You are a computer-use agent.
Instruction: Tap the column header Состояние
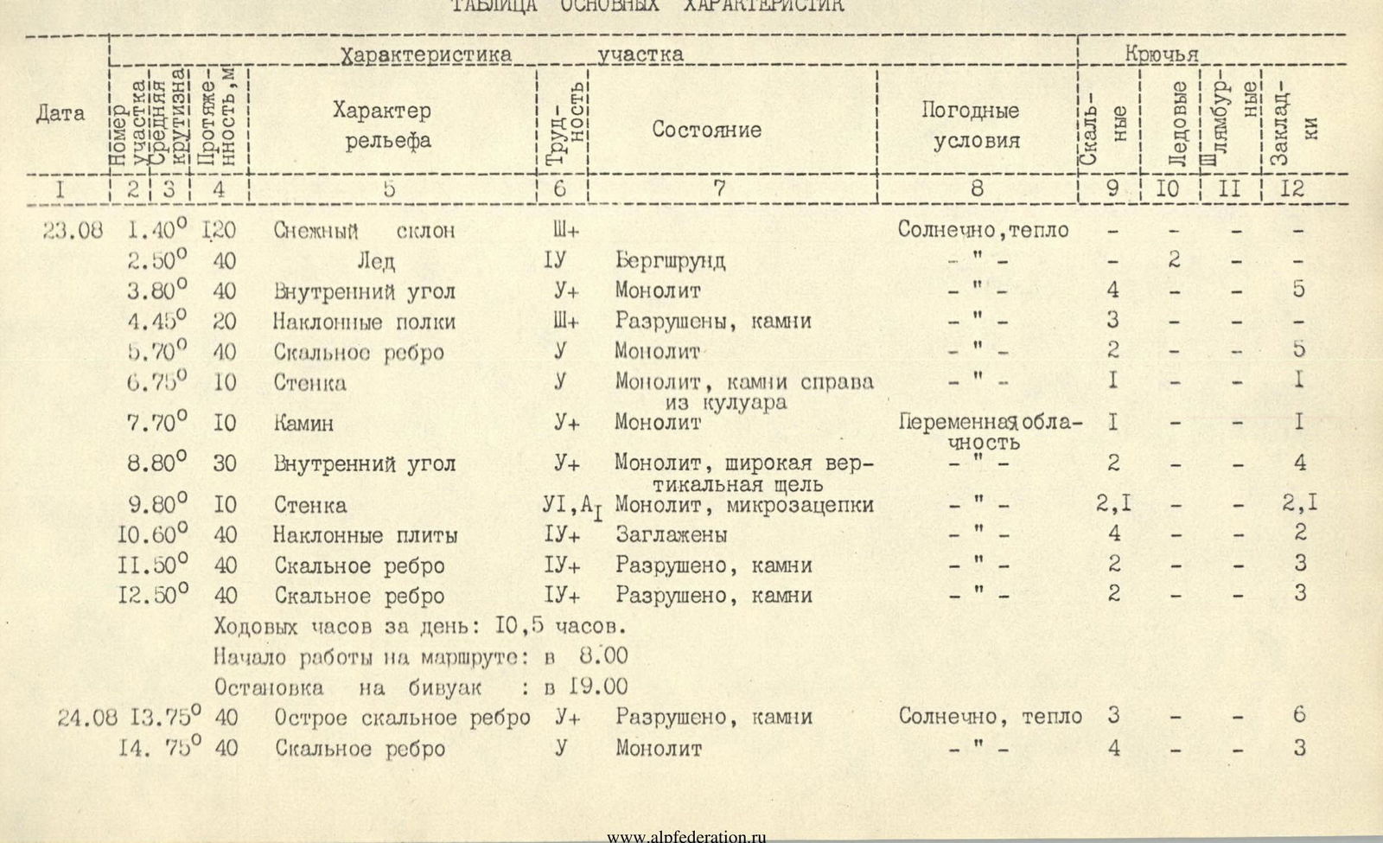706,130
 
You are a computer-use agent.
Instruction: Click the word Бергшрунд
670,260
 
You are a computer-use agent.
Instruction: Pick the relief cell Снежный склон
364,231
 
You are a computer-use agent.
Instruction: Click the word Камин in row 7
303,424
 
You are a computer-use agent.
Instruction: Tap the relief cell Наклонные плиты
366,535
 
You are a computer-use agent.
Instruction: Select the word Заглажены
671,535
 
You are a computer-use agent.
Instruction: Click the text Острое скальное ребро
402,717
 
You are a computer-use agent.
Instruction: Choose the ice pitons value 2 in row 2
1174,259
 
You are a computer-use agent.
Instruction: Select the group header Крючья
1161,54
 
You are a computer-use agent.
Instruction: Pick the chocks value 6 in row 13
1299,715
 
